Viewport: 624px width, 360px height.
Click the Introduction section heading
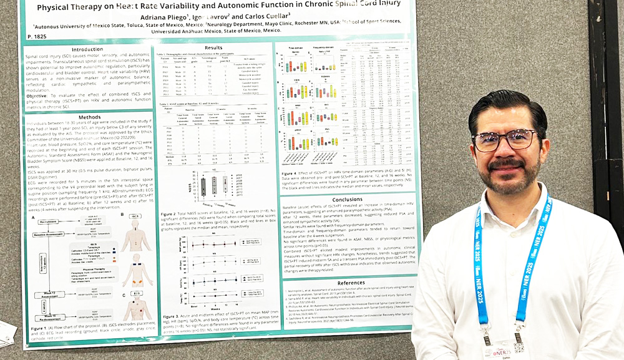click(x=87, y=49)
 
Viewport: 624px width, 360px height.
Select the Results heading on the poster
click(x=213, y=47)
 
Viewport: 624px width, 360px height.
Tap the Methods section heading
click(x=89, y=117)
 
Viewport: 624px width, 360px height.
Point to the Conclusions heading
click(x=347, y=200)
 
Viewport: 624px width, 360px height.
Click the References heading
click(x=351, y=283)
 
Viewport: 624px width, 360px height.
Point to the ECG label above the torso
click(x=137, y=293)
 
